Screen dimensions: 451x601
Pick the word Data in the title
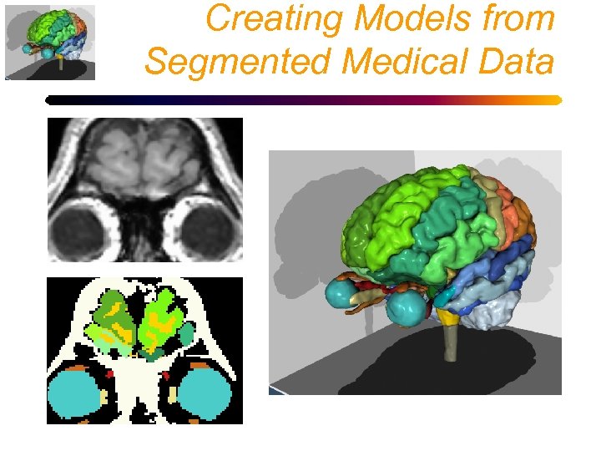(520, 61)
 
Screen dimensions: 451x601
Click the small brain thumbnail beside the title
(50, 42)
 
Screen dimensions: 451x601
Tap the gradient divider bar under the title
(303, 100)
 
